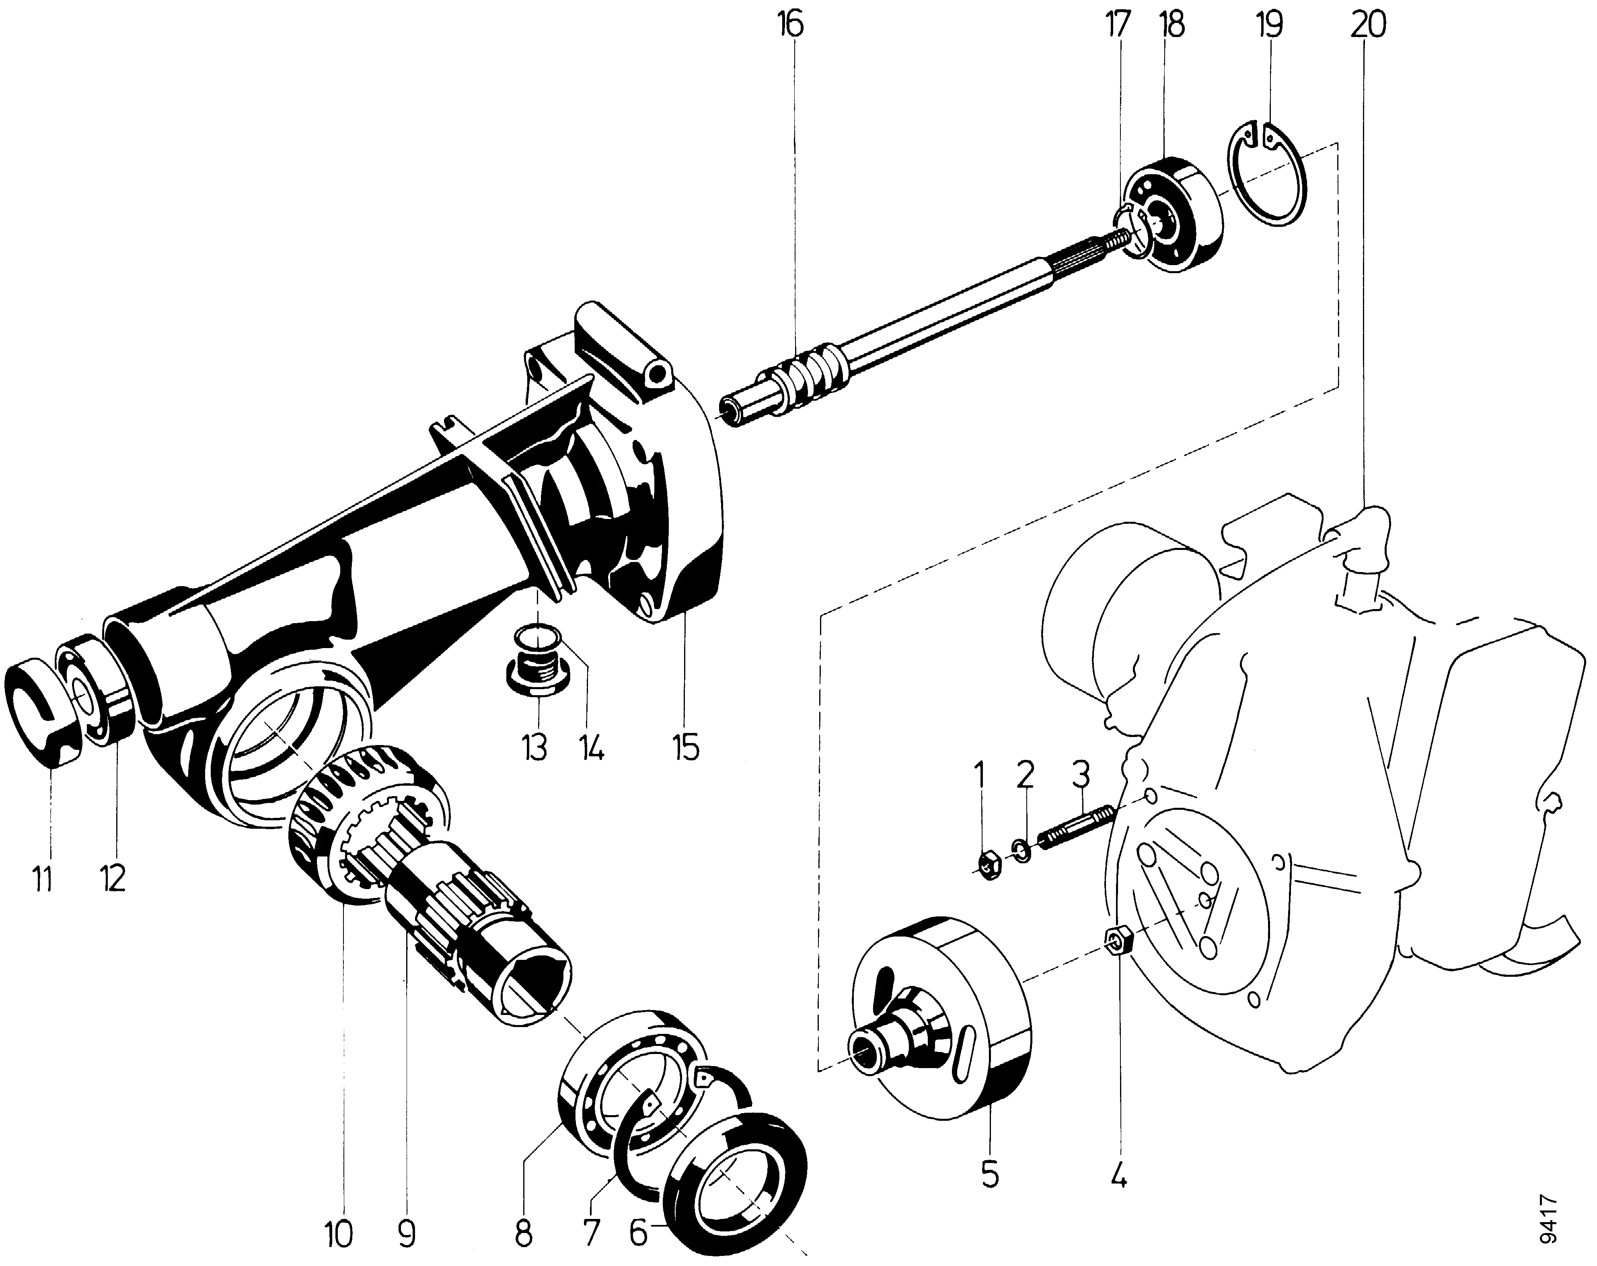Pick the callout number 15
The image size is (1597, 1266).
(x=686, y=748)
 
